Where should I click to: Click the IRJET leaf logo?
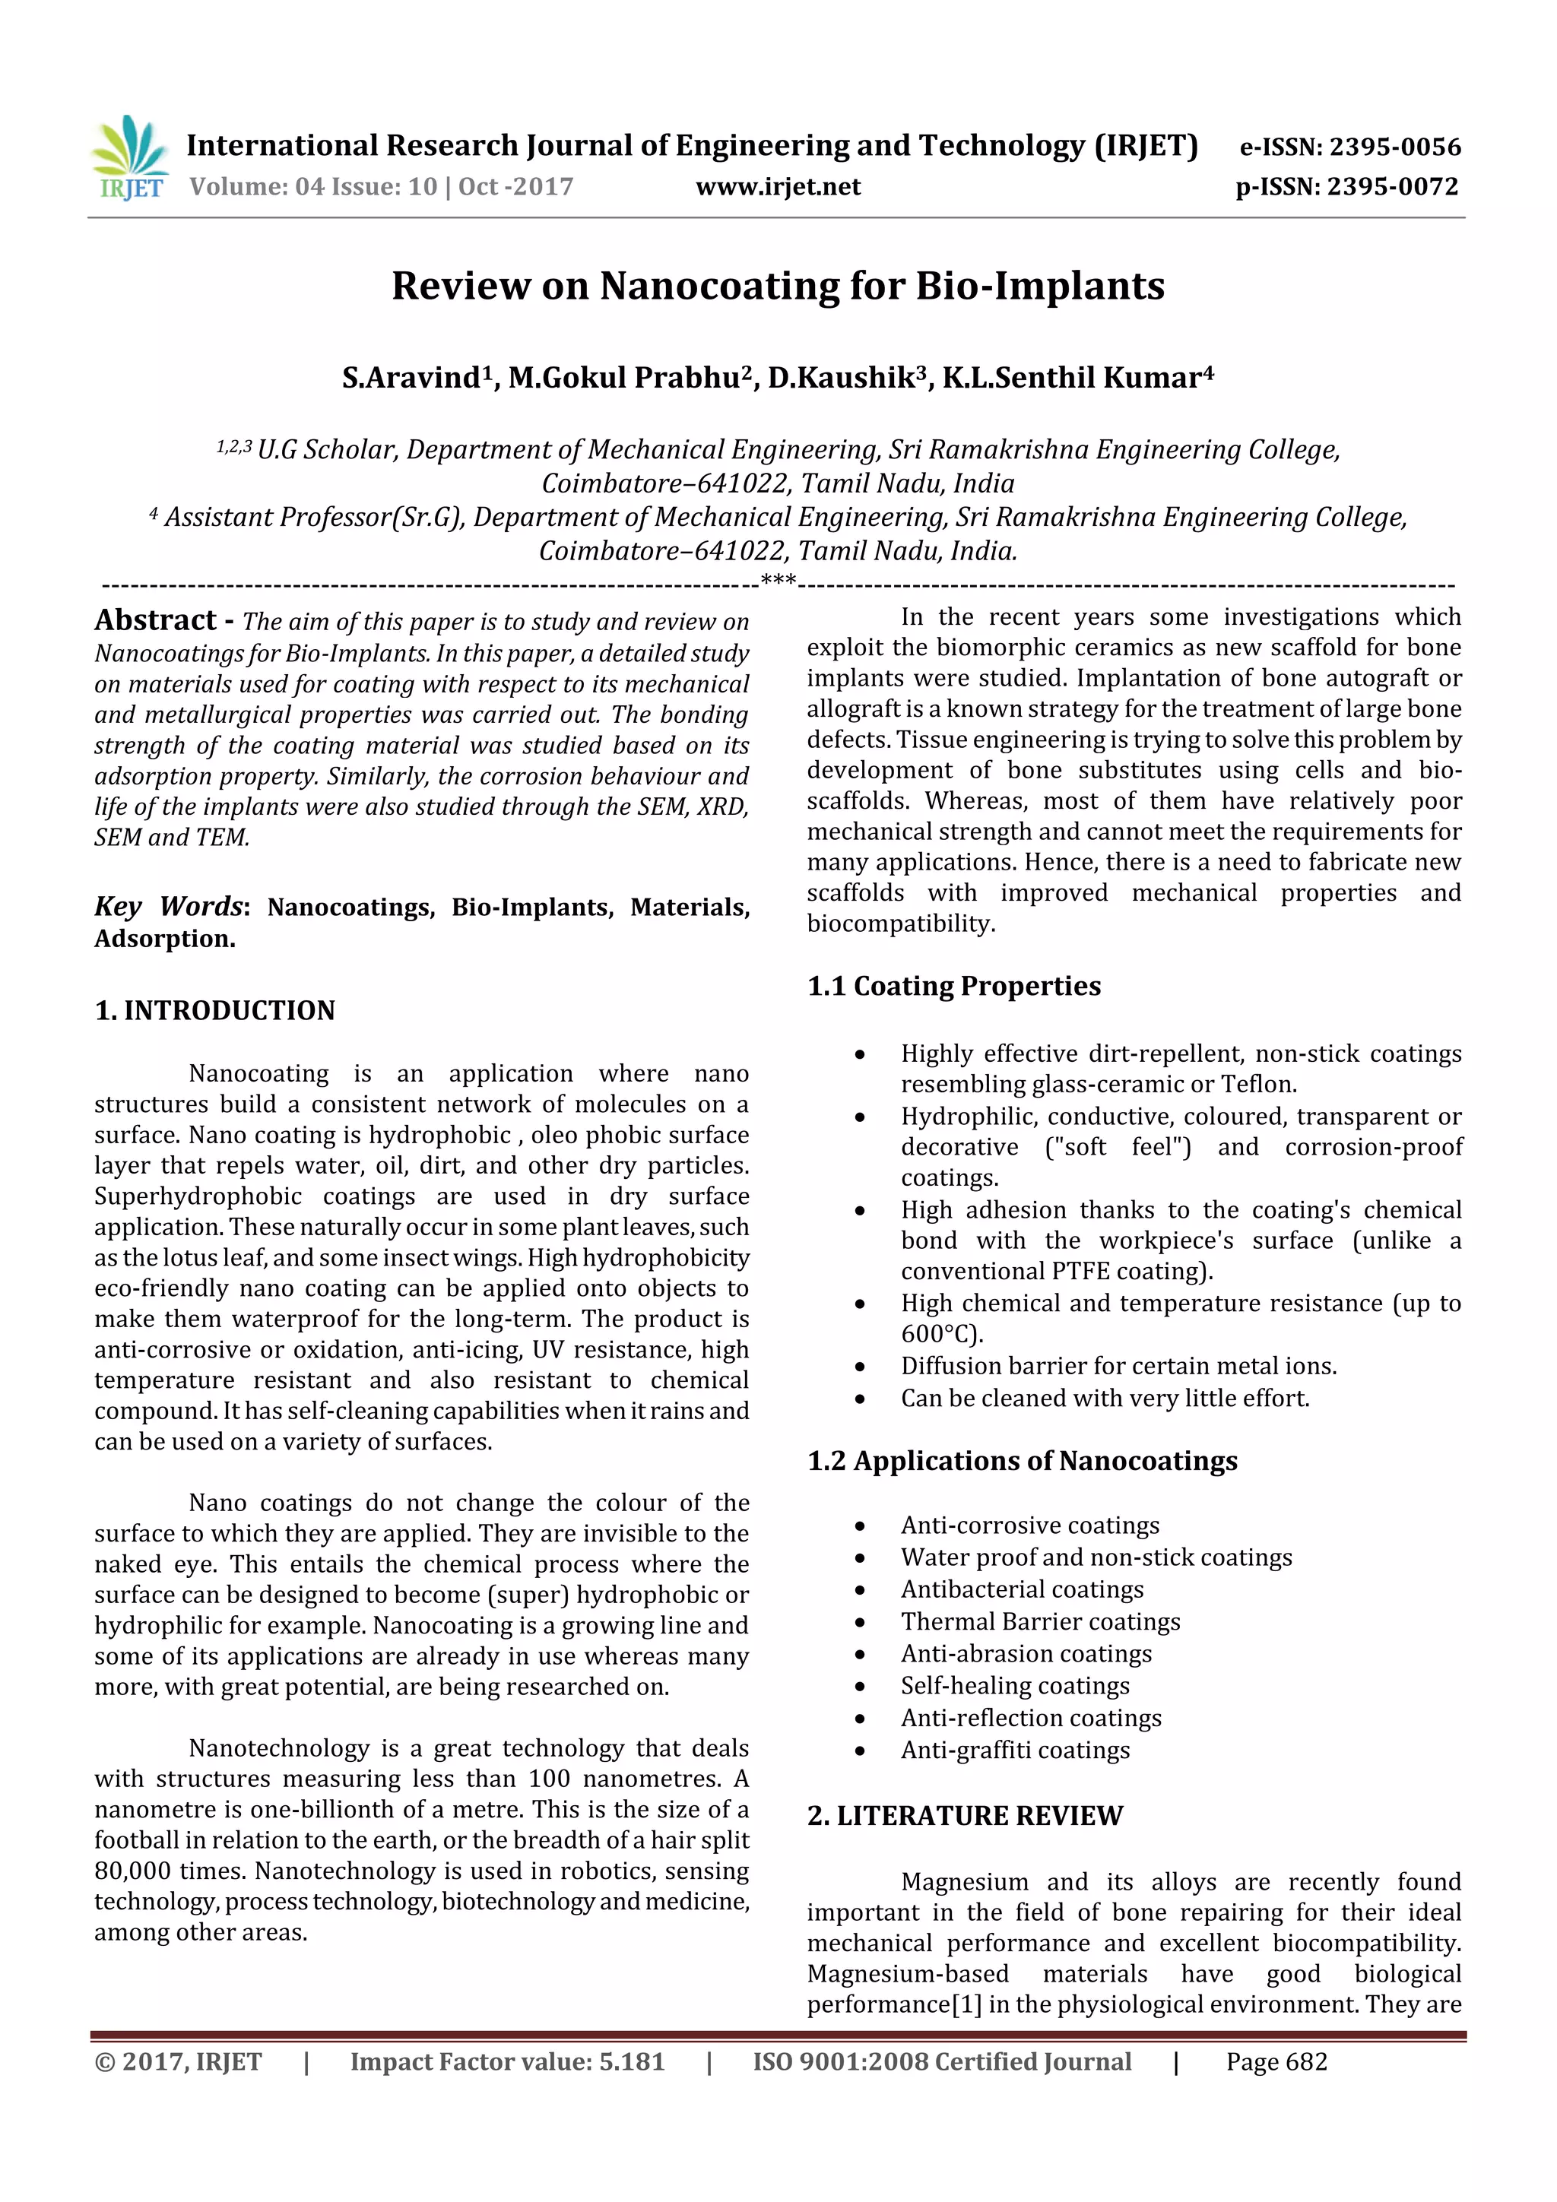[132, 157]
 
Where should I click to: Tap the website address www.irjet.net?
[778, 187]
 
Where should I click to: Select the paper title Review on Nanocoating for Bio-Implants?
[778, 286]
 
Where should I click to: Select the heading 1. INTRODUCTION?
[215, 1010]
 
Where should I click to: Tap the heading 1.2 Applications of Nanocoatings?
[1022, 1461]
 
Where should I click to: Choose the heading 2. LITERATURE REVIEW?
[964, 1816]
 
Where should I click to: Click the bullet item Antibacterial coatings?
[1022, 1589]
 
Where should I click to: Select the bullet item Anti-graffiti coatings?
[1015, 1751]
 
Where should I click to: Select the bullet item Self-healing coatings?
[1015, 1686]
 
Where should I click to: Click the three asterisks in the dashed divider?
[778, 580]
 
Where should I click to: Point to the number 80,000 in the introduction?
[132, 1871]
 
